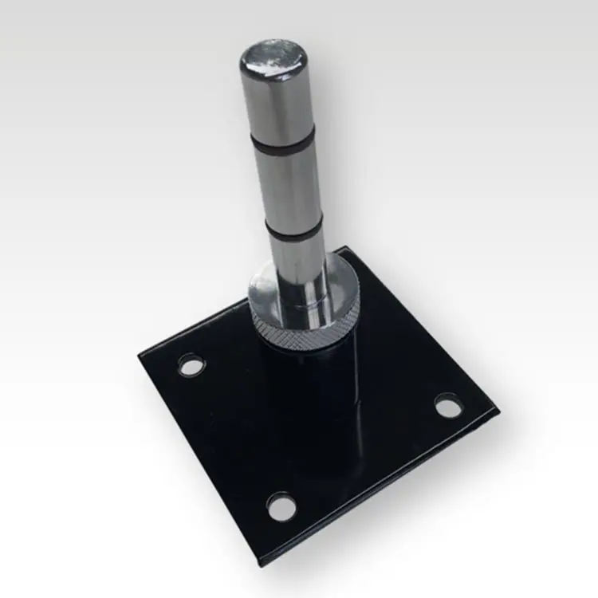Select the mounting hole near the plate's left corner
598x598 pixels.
click(x=191, y=366)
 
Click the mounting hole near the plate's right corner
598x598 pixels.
click(x=448, y=407)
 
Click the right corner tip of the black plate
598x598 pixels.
click(x=498, y=411)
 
